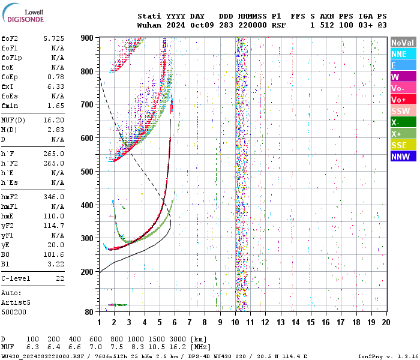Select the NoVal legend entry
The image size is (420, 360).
click(x=403, y=43)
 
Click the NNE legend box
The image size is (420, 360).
click(x=403, y=54)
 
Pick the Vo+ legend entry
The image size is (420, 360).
click(x=403, y=100)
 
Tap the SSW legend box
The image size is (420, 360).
click(x=403, y=111)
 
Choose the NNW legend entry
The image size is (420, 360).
click(x=403, y=157)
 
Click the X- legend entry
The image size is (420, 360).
click(x=403, y=122)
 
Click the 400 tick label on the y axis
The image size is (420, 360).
click(x=88, y=205)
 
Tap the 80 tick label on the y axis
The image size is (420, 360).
click(x=89, y=312)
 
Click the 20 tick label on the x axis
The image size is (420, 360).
click(x=386, y=322)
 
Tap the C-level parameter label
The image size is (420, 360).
click(x=16, y=278)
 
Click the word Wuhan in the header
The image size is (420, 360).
click(x=149, y=25)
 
